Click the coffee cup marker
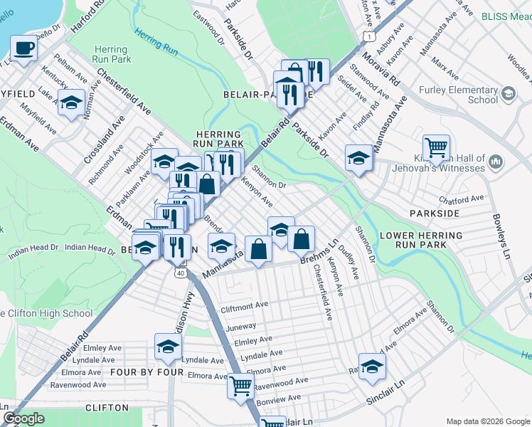[23, 49]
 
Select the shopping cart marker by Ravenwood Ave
[241, 386]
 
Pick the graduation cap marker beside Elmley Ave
[168, 347]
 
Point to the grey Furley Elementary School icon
[509, 93]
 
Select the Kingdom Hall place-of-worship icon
[496, 164]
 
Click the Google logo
[24, 418]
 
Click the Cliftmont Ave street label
[244, 305]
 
